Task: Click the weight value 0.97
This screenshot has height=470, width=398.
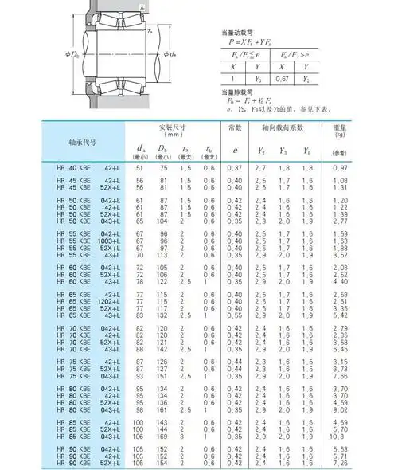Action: click(363, 168)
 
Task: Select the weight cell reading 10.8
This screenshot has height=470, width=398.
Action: click(362, 437)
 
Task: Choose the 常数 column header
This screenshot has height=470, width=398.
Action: click(234, 127)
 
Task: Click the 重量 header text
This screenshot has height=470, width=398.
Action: click(363, 127)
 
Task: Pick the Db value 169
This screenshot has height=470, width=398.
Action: click(162, 437)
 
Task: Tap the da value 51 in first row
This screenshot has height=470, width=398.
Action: click(141, 168)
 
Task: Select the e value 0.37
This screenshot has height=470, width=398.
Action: click(234, 168)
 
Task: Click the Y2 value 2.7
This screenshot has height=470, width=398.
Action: click(259, 168)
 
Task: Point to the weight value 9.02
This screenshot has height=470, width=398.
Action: click(363, 409)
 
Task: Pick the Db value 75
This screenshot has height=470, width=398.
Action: click(162, 168)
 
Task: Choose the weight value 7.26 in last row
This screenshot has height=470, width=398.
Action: click(363, 463)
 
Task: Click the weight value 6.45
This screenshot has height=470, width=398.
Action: click(363, 348)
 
